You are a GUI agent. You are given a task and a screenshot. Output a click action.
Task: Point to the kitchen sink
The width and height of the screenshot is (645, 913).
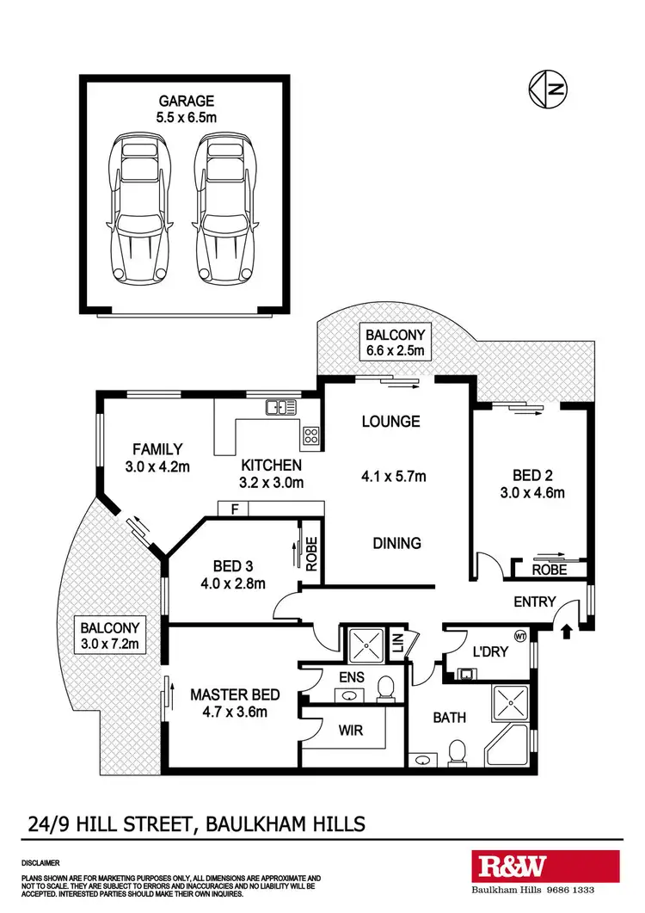(x=280, y=407)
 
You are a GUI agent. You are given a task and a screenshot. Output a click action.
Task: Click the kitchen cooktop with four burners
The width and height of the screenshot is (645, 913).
(x=310, y=436)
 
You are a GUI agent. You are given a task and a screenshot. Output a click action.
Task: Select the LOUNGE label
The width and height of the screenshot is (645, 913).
(x=390, y=422)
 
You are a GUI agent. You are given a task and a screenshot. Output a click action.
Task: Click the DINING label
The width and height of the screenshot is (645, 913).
(x=396, y=543)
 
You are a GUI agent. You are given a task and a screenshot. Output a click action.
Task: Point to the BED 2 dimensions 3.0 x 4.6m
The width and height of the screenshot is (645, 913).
(x=531, y=493)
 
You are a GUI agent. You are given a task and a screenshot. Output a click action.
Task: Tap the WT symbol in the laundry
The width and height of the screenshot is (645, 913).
(x=519, y=637)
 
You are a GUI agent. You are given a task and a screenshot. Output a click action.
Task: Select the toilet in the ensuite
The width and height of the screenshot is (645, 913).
(x=386, y=688)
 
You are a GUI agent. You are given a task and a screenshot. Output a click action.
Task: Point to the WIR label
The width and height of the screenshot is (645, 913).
(x=351, y=731)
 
